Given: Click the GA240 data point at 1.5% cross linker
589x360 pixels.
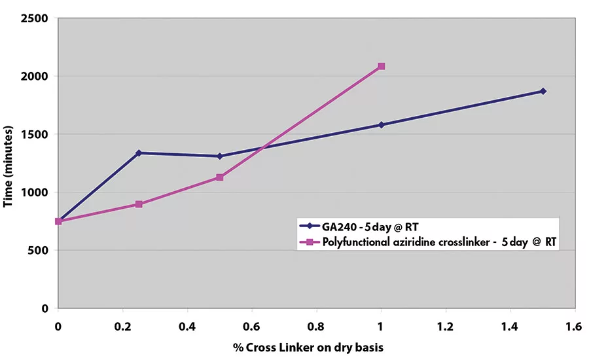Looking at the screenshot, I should [x=543, y=91].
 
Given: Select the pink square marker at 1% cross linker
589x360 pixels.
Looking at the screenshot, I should [x=381, y=66].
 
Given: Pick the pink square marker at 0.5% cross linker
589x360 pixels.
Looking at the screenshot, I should [x=220, y=177].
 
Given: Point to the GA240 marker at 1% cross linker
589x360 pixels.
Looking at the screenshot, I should [x=381, y=124].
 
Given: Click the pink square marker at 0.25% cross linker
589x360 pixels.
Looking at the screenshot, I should [x=139, y=204].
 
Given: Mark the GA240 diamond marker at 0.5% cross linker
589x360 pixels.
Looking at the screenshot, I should [x=220, y=156].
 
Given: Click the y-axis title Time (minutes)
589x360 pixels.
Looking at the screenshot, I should [x=9, y=163].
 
